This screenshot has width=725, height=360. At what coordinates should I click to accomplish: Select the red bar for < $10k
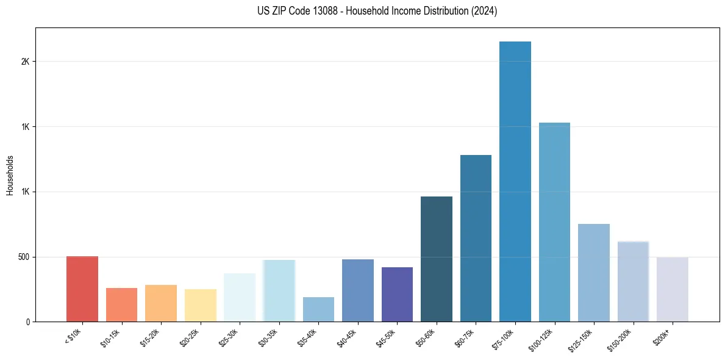pyautogui.click(x=82, y=289)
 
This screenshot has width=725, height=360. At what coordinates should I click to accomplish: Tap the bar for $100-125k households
pyautogui.click(x=554, y=222)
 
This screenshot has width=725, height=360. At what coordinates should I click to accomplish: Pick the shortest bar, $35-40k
pyautogui.click(x=318, y=309)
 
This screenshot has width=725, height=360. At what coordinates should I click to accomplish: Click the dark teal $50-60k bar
pyautogui.click(x=437, y=259)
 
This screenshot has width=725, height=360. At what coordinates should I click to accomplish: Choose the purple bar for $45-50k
pyautogui.click(x=397, y=294)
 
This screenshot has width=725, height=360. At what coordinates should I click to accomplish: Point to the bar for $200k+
pyautogui.click(x=672, y=289)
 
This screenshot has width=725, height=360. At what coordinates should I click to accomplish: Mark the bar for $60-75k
pyautogui.click(x=476, y=238)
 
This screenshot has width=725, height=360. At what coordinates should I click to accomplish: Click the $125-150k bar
pyautogui.click(x=593, y=273)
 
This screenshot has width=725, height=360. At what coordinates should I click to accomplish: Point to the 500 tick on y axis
pyautogui.click(x=24, y=257)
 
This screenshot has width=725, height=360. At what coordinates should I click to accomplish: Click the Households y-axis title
pyautogui.click(x=10, y=175)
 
